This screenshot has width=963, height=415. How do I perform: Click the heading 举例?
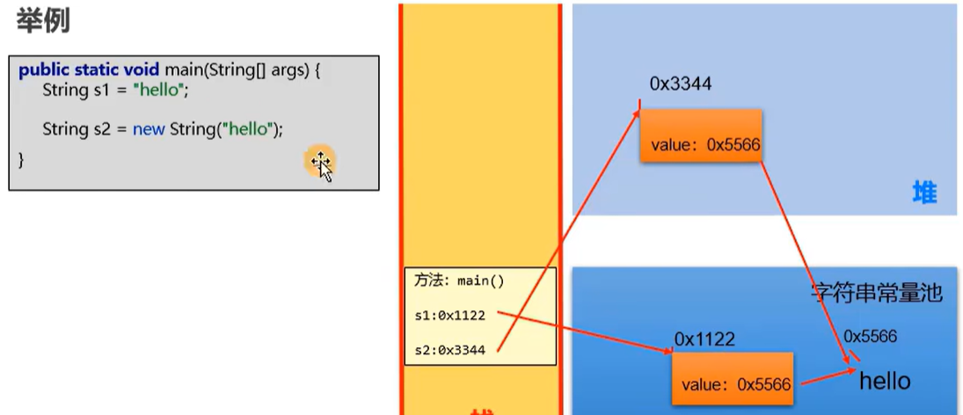coord(43,21)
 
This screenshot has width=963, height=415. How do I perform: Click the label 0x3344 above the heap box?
coord(680,84)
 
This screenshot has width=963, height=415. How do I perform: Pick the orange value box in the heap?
coord(700,135)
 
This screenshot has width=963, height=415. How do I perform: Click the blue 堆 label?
coord(924,193)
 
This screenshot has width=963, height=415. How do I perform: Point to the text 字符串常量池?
coord(876,293)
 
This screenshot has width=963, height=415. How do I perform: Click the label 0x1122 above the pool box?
coord(704,339)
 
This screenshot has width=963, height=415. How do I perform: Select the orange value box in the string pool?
coord(732,378)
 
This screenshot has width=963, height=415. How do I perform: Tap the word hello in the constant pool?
coord(885,381)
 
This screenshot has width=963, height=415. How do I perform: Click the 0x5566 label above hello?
coord(871,336)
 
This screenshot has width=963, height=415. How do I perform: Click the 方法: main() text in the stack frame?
coord(459,281)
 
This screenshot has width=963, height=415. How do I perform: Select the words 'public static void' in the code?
coord(89,69)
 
